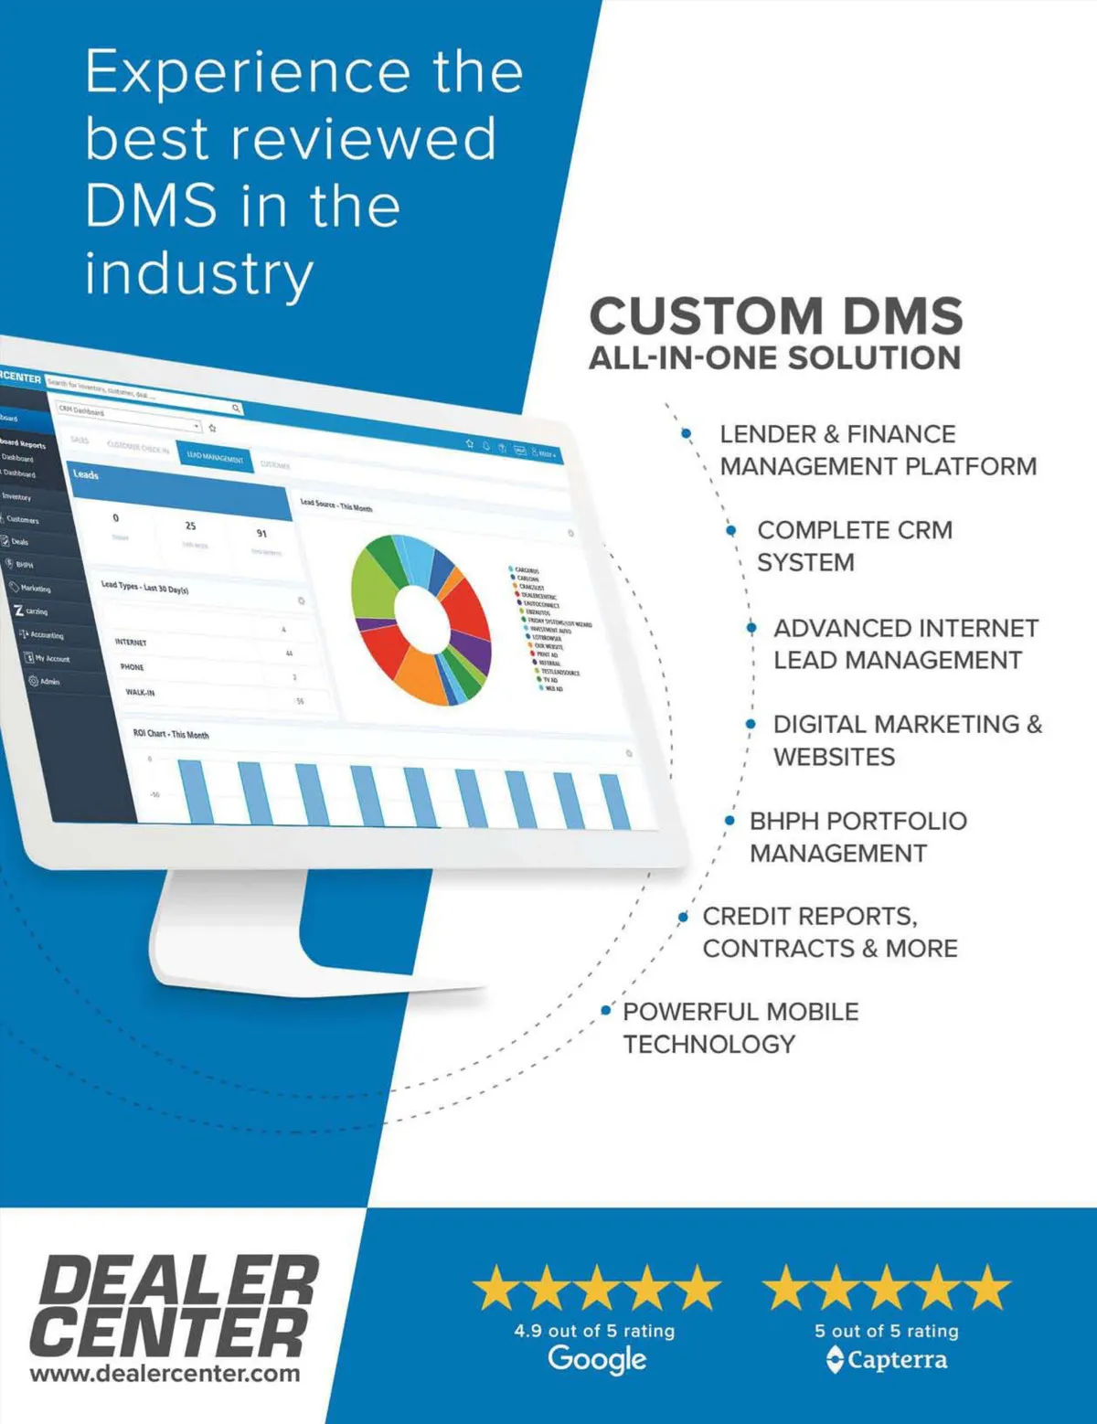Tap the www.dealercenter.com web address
[165, 1373]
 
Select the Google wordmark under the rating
[597, 1358]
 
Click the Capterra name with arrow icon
[887, 1359]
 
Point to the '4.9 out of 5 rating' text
[594, 1331]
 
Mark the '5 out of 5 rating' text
[887, 1331]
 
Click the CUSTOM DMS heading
[776, 316]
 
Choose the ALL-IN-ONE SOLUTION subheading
[774, 358]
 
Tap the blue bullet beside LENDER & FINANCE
[687, 434]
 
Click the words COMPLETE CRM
[855, 530]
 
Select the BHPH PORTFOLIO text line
[857, 821]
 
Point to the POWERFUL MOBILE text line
[740, 1012]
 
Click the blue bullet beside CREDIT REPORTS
[684, 917]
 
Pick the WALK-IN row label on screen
[140, 692]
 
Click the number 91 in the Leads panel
[262, 533]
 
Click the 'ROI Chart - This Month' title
[171, 733]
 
